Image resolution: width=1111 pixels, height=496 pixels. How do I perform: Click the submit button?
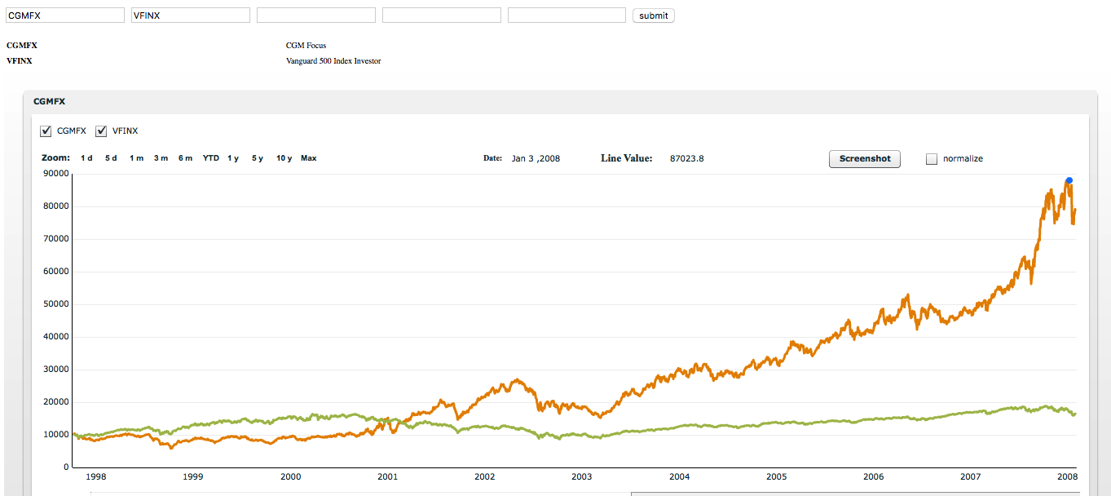(x=653, y=15)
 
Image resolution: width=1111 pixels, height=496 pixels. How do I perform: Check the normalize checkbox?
(x=932, y=159)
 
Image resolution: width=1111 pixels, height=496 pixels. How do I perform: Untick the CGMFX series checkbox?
(x=46, y=131)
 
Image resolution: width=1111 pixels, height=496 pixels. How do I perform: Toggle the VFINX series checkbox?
(x=101, y=131)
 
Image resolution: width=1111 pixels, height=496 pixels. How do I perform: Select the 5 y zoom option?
(x=258, y=158)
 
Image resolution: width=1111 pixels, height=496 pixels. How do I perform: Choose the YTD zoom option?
(x=211, y=158)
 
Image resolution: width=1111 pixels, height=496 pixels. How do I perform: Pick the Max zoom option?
(x=308, y=158)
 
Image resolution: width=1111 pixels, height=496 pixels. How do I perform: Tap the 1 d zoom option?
(x=86, y=158)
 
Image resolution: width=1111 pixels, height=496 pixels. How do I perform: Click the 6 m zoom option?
(x=186, y=158)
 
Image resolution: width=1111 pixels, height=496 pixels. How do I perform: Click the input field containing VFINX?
(x=191, y=15)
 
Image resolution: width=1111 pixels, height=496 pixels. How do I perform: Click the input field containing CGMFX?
(x=65, y=15)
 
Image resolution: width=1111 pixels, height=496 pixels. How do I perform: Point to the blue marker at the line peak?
(x=1069, y=180)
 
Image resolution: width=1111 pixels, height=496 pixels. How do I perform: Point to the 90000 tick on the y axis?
(x=56, y=173)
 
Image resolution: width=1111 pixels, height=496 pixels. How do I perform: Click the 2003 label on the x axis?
(x=581, y=476)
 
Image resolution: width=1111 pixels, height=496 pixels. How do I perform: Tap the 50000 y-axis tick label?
(x=56, y=303)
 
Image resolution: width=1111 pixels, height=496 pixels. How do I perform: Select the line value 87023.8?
(x=687, y=158)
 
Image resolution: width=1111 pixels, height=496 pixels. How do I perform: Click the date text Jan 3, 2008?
(x=536, y=158)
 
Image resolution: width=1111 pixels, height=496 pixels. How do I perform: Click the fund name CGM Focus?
(x=306, y=45)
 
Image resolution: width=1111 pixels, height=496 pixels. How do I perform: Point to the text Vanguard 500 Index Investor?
(x=333, y=61)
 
